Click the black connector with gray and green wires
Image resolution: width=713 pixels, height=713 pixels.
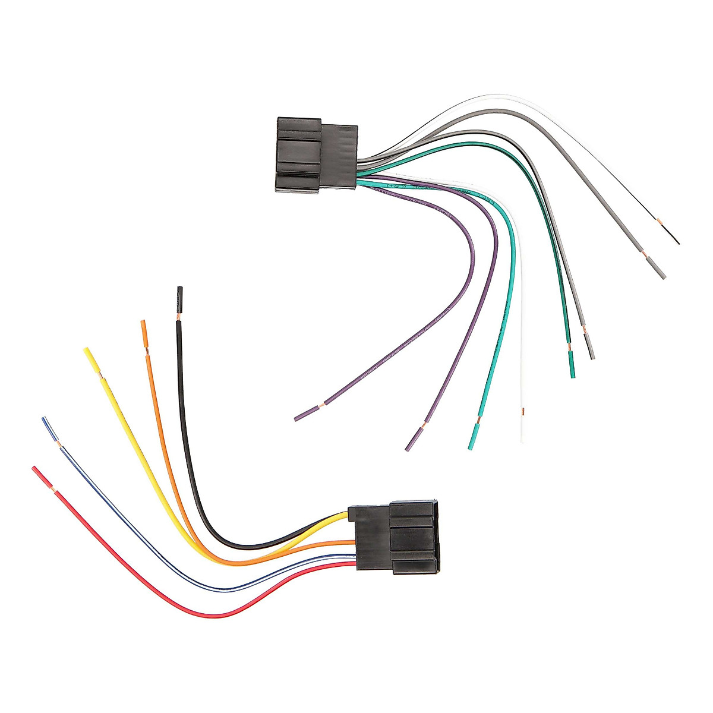pos(315,153)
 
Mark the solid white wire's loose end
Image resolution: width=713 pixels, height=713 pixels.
pos(523,438)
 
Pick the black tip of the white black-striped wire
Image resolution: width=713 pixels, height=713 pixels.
pos(676,241)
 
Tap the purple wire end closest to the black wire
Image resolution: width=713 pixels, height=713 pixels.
pos(298,418)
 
